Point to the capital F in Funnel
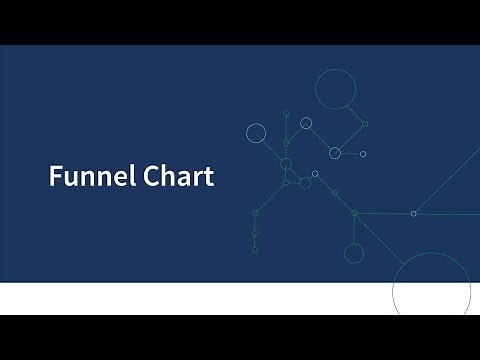(55, 177)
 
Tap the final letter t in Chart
(208, 178)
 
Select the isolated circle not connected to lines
(256, 133)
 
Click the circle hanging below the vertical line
(354, 252)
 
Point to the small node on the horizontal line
(414, 213)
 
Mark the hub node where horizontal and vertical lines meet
(354, 213)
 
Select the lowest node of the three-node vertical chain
(255, 250)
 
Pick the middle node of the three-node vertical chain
(255, 232)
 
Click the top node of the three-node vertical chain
(255, 213)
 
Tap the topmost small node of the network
(286, 114)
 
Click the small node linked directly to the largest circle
(365, 124)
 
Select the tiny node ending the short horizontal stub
(362, 154)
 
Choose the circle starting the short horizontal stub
(335, 153)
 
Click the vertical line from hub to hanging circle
(354, 229)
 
